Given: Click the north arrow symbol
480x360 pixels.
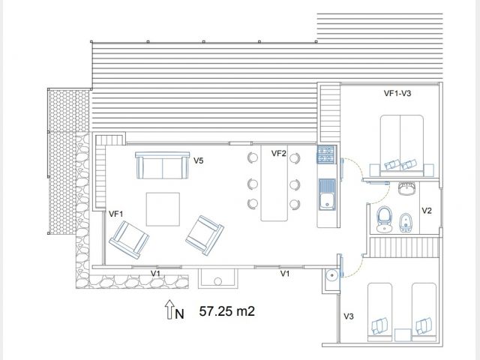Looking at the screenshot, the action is tap(169, 309).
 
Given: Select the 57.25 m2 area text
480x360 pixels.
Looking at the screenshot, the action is tap(226, 311).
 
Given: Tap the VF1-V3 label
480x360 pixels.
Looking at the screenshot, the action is tap(397, 93).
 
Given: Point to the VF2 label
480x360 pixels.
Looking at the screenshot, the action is tap(278, 153).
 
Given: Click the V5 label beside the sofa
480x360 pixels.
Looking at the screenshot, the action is tap(198, 160).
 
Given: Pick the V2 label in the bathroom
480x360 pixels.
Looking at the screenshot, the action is tap(427, 211).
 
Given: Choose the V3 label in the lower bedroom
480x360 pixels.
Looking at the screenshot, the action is tap(349, 316).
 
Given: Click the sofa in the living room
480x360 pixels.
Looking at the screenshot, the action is tap(162, 165).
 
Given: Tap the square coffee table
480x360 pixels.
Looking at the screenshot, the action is tap(163, 209).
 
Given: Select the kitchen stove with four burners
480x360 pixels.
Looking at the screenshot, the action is tap(326, 154).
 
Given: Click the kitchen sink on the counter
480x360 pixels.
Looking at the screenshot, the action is tap(327, 195).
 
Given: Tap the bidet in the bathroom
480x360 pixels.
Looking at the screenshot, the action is tap(405, 223).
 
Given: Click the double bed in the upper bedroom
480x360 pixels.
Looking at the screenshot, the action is tap(402, 145).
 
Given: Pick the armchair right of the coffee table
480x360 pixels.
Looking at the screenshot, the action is tap(205, 235).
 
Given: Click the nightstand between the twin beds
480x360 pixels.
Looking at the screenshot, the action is tap(402, 335).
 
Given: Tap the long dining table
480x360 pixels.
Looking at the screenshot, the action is tap(274, 183).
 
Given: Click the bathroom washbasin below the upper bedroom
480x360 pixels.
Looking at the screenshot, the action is tap(407, 188).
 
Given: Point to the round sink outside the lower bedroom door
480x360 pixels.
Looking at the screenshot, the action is tap(331, 275).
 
